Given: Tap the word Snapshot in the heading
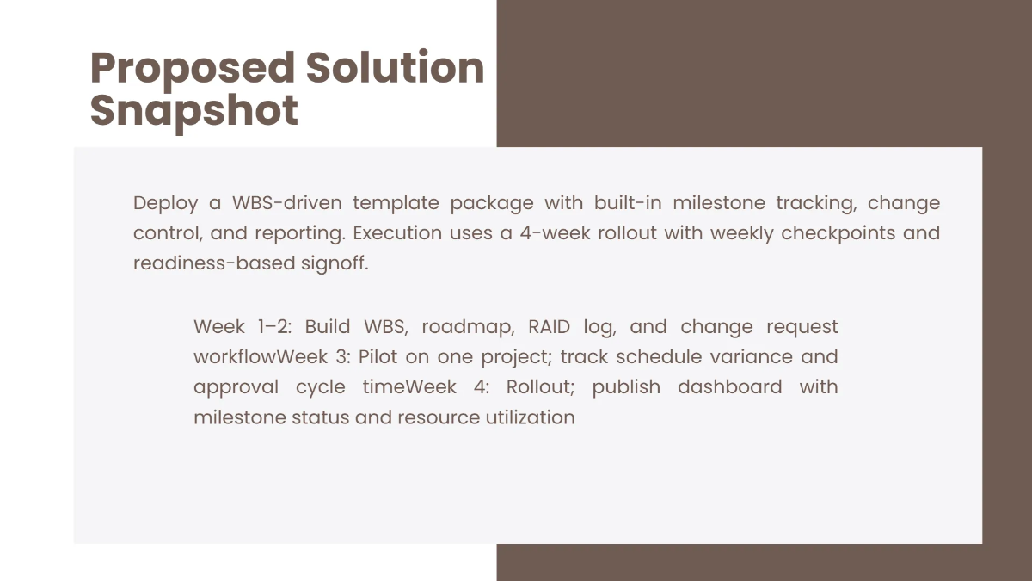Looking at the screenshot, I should (x=194, y=110).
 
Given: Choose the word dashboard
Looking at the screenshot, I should (x=729, y=387).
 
